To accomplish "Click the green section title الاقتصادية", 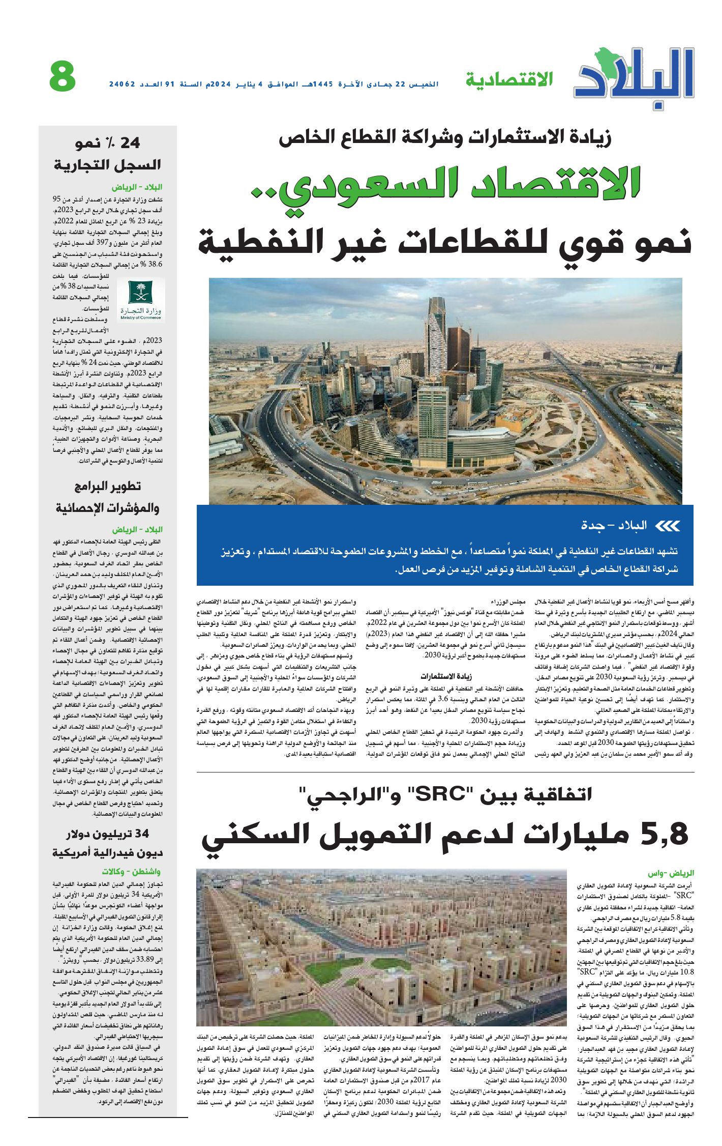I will click(x=509, y=80).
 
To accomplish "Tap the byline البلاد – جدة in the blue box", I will click(x=614, y=526).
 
